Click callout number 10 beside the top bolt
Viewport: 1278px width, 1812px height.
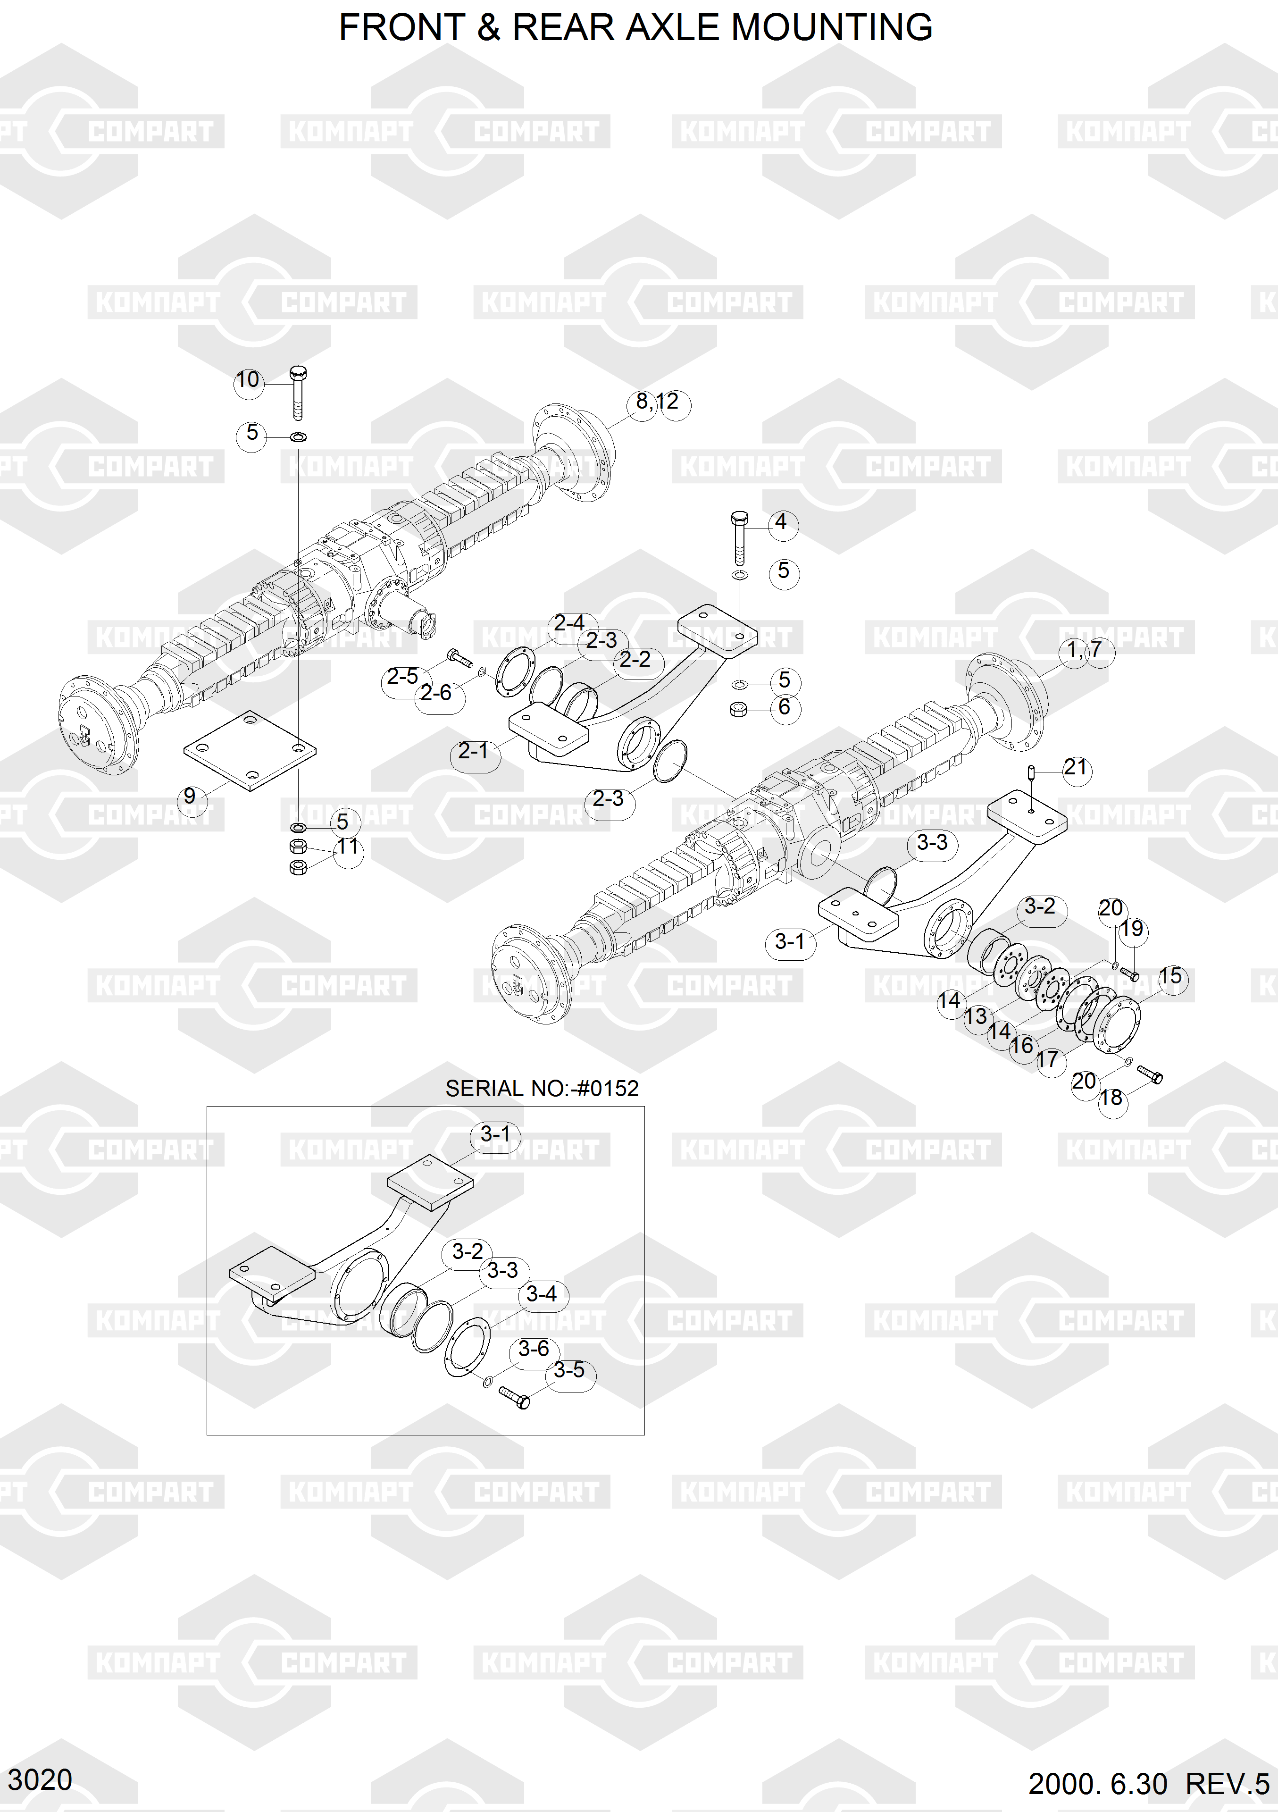coord(248,380)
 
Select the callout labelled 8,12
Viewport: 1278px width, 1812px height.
coord(657,403)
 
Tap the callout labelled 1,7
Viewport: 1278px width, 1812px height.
coord(1084,651)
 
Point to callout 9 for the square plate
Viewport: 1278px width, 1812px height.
coord(189,797)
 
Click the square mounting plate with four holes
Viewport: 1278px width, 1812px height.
coord(250,750)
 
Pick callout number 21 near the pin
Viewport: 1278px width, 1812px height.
coord(1075,768)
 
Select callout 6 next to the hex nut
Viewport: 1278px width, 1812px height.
coord(784,707)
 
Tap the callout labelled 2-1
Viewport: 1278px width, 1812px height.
coord(473,751)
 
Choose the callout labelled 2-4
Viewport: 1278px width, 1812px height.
coord(569,623)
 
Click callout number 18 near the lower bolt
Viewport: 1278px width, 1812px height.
coord(1111,1098)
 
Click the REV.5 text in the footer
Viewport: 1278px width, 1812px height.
coord(1228,1784)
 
